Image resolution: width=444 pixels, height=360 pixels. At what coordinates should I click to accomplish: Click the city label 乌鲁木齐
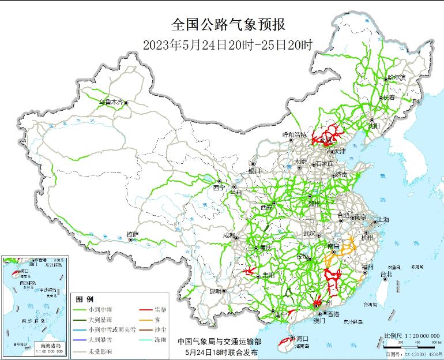tap(111, 103)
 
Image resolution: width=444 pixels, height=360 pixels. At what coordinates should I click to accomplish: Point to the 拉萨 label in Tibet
tap(132, 234)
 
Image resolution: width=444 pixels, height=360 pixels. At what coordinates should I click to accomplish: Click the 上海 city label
tap(383, 220)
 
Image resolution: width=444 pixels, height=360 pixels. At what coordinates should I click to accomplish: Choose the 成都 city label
tap(229, 235)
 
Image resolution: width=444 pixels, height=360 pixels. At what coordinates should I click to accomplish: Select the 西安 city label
tap(266, 207)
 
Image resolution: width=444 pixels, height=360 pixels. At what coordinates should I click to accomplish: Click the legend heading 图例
tap(85, 299)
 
